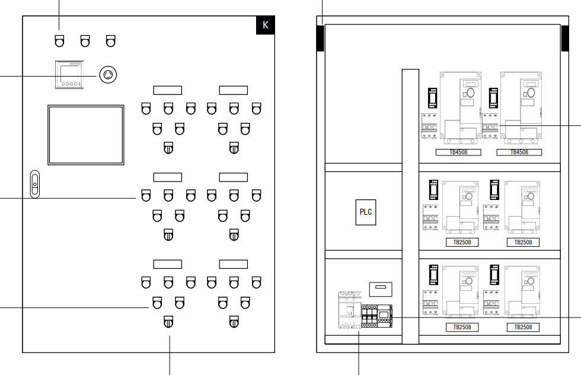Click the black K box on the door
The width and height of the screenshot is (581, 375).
tap(265, 25)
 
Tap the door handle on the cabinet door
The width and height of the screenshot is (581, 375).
tap(34, 185)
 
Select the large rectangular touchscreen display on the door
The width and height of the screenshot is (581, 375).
tap(86, 135)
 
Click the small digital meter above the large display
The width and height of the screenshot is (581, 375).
tap(71, 75)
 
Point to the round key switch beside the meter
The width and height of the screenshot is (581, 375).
tap(108, 74)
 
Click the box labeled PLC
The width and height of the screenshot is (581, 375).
tap(366, 212)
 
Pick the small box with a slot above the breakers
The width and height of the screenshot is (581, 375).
tap(380, 288)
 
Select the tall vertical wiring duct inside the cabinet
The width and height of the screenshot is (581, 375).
tap(410, 206)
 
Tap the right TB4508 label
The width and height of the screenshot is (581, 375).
tap(519, 152)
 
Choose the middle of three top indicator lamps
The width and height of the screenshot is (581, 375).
tap(85, 41)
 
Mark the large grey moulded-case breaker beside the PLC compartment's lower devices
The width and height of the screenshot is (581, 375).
tap(349, 310)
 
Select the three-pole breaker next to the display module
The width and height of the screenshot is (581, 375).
tap(369, 314)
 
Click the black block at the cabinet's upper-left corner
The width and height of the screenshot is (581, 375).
tap(320, 39)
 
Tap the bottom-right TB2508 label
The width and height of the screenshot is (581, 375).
tap(523, 327)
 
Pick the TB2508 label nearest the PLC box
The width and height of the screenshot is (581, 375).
tap(462, 242)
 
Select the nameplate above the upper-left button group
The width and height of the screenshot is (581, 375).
tap(168, 90)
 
